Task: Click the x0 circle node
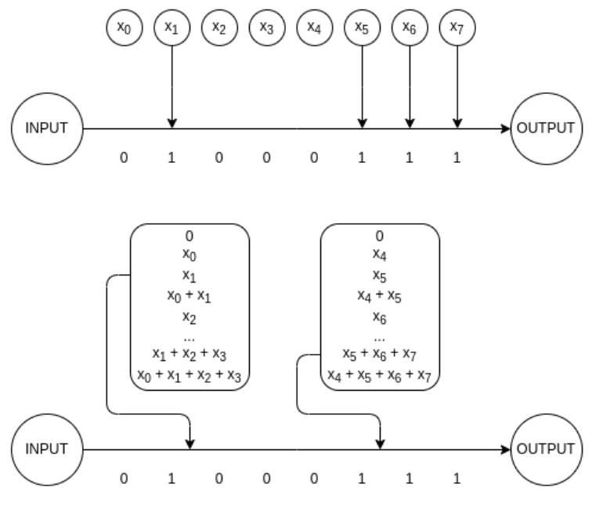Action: coord(124,26)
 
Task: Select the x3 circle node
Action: coord(266,26)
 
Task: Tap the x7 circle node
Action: coord(457,26)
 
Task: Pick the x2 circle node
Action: coord(218,26)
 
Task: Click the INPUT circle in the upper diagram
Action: coord(48,128)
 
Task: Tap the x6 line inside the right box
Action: coord(380,319)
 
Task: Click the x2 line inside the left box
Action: coord(190,319)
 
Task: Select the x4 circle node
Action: coord(314,26)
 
